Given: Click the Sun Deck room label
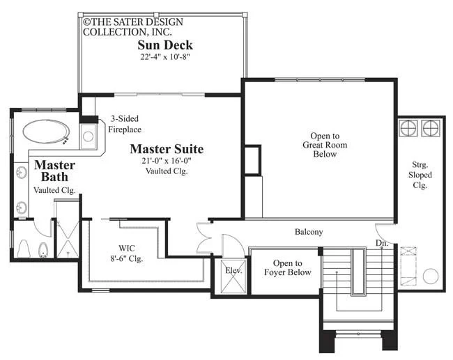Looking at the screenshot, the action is pyautogui.click(x=165, y=45).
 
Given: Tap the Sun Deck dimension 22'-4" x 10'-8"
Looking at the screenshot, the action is pyautogui.click(x=165, y=57).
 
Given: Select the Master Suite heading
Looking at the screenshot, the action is pyautogui.click(x=167, y=149).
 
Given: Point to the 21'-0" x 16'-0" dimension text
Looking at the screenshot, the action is pyautogui.click(x=167, y=161).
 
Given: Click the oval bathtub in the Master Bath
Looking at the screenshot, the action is pyautogui.click(x=46, y=132).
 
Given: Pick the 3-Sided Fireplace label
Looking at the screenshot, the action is pyautogui.click(x=125, y=124).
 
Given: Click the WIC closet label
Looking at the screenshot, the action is pyautogui.click(x=127, y=253).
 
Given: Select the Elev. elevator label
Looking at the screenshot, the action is pyautogui.click(x=233, y=271).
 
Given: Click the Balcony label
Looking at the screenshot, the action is pyautogui.click(x=309, y=232).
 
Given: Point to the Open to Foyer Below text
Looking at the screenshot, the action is pyautogui.click(x=288, y=267).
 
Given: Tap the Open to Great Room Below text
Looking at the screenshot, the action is pyautogui.click(x=325, y=145).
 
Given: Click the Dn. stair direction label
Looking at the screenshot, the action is pyautogui.click(x=382, y=243).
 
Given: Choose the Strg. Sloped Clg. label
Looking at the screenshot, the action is pyautogui.click(x=420, y=175).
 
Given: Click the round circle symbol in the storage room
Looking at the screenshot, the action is pyautogui.click(x=431, y=276).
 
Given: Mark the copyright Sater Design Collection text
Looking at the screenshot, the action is pyautogui.click(x=133, y=26).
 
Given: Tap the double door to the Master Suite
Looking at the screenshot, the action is pyautogui.click(x=204, y=238).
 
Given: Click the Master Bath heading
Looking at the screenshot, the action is pyautogui.click(x=54, y=171).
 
